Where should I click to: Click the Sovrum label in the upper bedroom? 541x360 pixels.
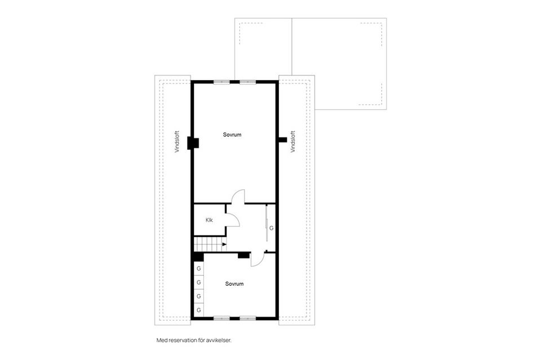[x=232, y=135]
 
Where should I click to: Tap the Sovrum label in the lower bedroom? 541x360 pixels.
[x=234, y=284]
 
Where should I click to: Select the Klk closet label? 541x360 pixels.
[x=209, y=220]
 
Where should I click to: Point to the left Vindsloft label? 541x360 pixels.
[x=177, y=142]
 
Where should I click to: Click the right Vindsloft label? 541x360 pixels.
[x=292, y=142]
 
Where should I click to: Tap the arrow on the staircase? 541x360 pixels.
[x=224, y=244]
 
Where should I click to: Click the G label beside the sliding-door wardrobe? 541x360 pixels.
[x=271, y=229]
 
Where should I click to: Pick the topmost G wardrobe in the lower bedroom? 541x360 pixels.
[x=199, y=269]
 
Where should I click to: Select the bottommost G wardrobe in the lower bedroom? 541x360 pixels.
[x=199, y=310]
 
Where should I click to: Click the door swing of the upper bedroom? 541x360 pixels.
[x=239, y=196]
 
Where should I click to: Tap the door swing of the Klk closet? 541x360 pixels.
[x=233, y=220]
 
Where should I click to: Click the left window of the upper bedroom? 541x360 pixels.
[x=221, y=82]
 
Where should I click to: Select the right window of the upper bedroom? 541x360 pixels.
[x=248, y=82]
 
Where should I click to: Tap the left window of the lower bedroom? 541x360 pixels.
[x=221, y=318]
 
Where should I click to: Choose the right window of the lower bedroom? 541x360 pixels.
[x=248, y=318]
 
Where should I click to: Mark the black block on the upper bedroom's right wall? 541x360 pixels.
[x=282, y=139]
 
